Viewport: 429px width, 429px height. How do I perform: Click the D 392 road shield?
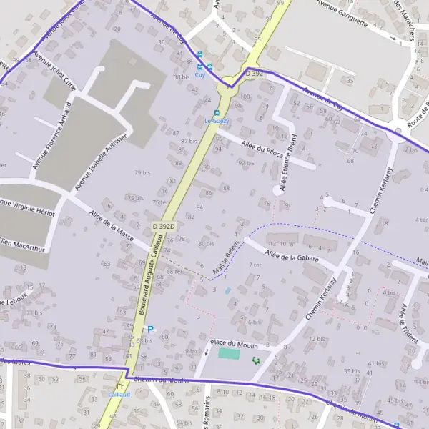coord(254,73)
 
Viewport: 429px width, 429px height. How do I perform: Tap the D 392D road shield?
coord(164,226)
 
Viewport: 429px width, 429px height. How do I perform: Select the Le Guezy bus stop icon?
coord(218,112)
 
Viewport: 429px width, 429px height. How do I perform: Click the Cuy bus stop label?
coord(200,74)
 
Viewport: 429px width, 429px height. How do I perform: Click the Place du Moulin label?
coord(235,344)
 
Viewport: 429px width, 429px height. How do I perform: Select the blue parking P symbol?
coord(150,329)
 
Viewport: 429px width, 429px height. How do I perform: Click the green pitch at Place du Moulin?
coord(229,353)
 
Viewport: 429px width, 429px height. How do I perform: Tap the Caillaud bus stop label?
coord(119,394)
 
